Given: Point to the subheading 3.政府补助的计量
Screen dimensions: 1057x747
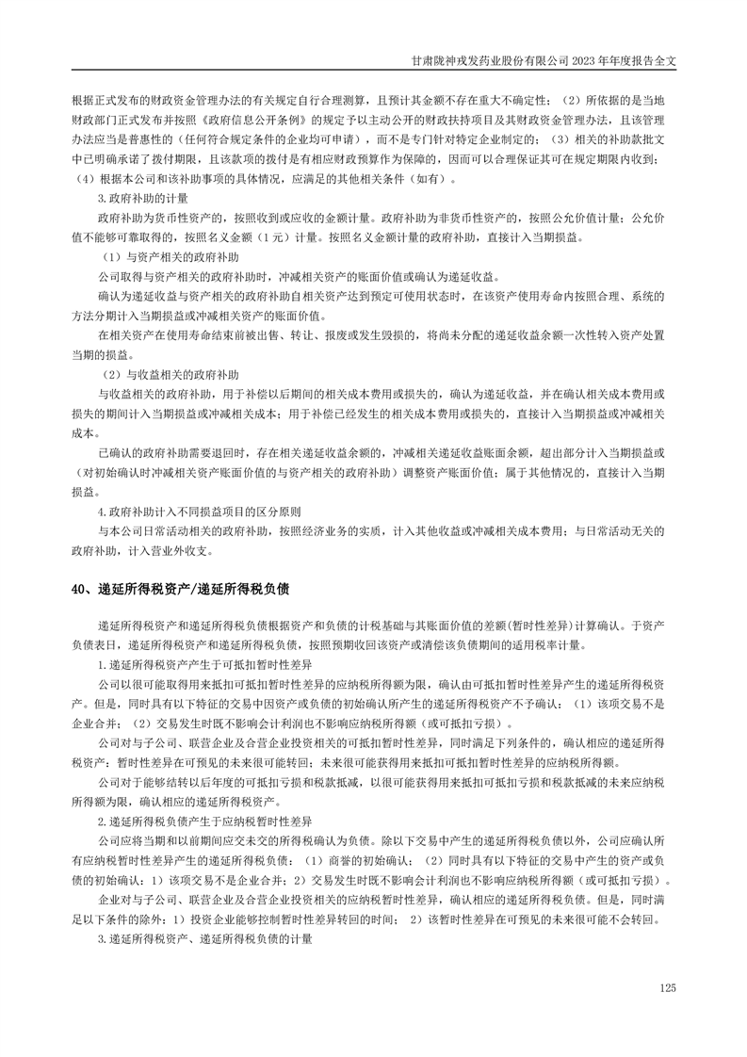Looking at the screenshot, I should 143,199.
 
